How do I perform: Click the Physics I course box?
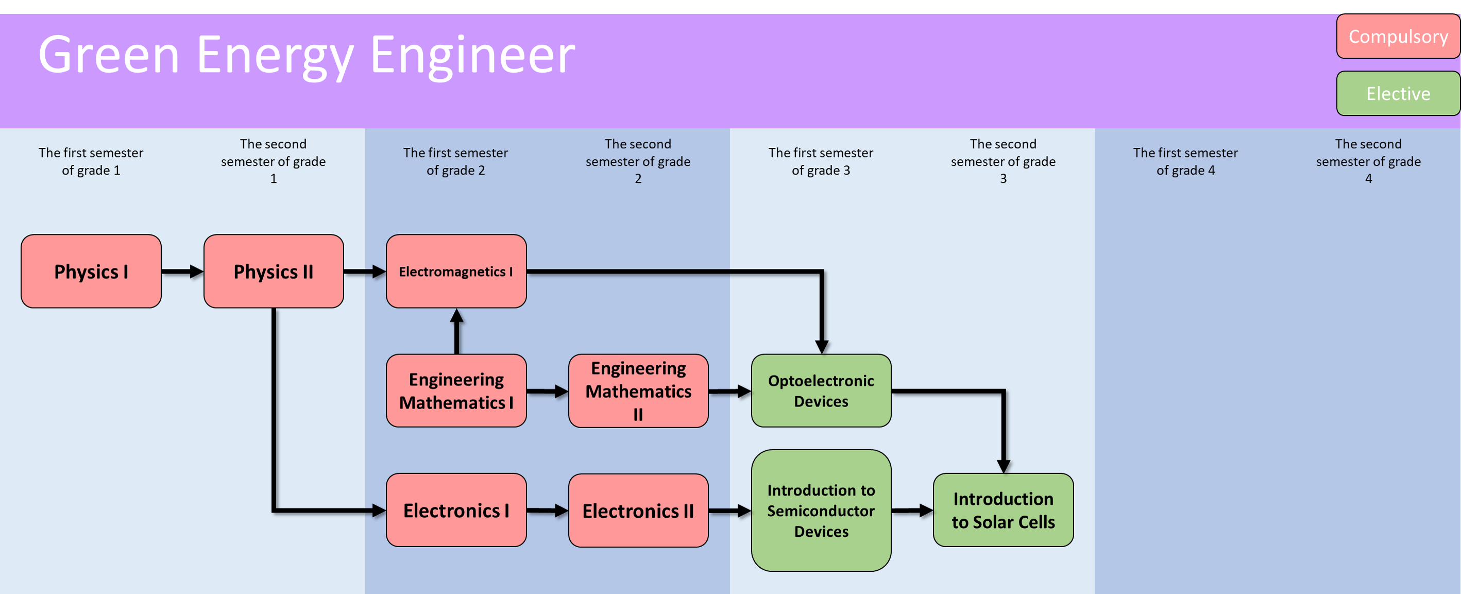[91, 271]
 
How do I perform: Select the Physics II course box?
[274, 271]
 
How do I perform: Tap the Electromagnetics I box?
[456, 271]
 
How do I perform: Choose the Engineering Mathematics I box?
[456, 391]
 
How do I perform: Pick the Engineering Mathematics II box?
[638, 391]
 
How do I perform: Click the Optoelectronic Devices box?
[821, 391]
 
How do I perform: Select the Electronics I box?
[456, 511]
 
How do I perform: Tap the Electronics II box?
[638, 511]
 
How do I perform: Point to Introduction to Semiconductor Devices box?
[821, 511]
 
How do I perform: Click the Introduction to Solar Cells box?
[1003, 511]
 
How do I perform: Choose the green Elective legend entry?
[1398, 94]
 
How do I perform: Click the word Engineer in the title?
[472, 55]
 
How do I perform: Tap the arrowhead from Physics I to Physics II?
[196, 271]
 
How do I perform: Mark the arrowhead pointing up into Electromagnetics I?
[456, 315]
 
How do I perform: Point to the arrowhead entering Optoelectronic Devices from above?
[821, 347]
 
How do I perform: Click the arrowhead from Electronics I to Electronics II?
[561, 511]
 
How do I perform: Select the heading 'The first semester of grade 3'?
[821, 161]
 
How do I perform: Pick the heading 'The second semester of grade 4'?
[1368, 161]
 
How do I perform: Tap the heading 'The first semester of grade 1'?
[91, 161]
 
